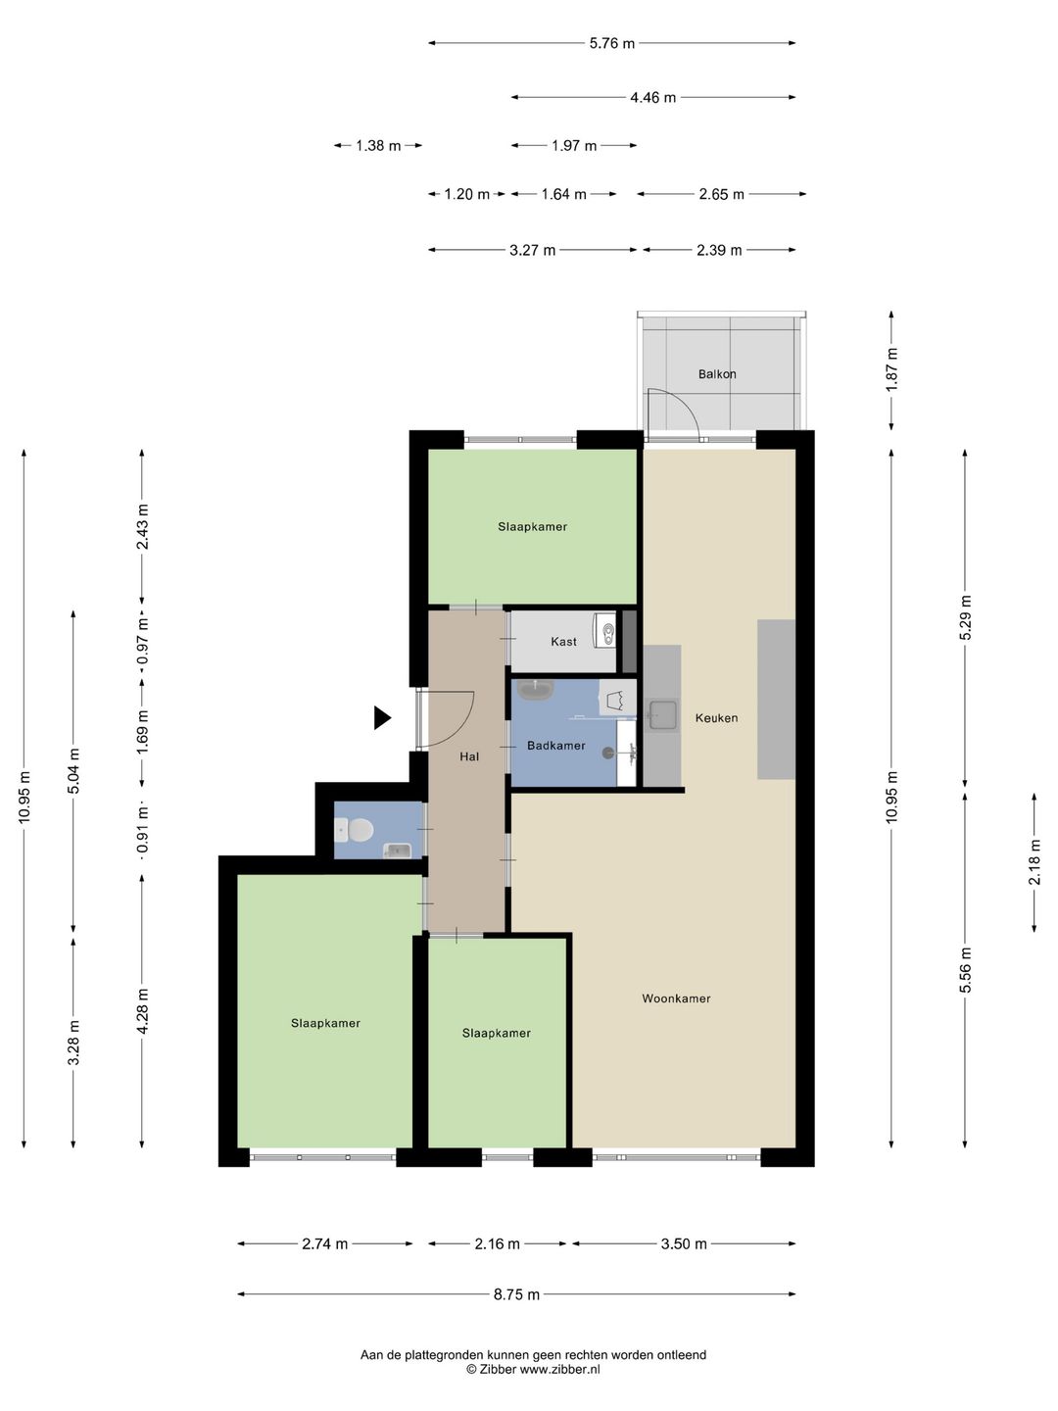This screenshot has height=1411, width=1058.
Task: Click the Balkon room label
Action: tap(717, 374)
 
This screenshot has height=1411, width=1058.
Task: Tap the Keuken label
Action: tap(716, 718)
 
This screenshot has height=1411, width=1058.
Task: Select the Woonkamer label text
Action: tap(676, 998)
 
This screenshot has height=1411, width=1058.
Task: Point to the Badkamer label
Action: tap(555, 746)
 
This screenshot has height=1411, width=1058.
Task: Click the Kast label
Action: tap(563, 642)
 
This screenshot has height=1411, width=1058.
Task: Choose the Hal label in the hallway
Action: tap(469, 756)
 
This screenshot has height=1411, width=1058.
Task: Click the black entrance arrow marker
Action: tap(382, 717)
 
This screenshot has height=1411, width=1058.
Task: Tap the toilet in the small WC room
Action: tap(356, 830)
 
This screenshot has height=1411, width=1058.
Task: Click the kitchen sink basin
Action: tap(662, 715)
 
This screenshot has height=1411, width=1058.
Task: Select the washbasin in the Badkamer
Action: tap(535, 691)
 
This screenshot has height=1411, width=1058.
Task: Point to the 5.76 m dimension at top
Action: tap(611, 44)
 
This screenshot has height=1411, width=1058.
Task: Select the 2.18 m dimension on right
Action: tap(1034, 862)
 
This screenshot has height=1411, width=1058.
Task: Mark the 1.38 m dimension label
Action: tap(378, 146)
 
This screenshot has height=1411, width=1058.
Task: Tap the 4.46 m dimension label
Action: tap(652, 98)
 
